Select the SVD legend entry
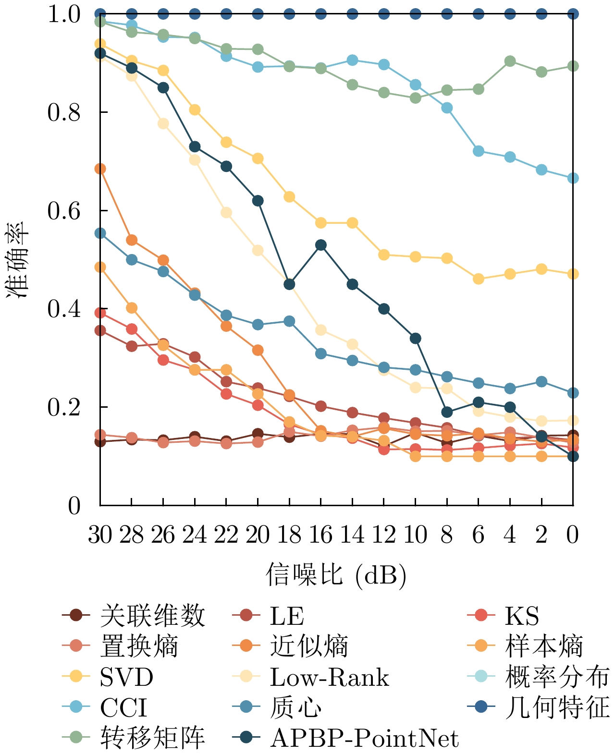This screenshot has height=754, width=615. pos(126,677)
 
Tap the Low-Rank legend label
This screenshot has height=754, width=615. pos(329,677)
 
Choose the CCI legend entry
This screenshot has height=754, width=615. pos(123,707)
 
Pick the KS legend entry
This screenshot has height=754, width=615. pos(522,616)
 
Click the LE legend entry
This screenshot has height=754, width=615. pos(287,616)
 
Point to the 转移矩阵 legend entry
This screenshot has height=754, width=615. pos(152,738)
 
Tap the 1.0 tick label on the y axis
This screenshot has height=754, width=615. pos(64,14)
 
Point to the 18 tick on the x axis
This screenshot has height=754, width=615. pos(289,535)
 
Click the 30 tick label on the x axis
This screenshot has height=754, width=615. pos(100,535)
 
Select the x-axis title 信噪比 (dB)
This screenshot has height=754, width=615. pos(336,574)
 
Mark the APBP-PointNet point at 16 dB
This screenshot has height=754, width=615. pos(321,245)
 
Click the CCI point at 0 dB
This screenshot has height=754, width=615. pos(573,178)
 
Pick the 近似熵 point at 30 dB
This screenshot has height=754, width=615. pos(100,169)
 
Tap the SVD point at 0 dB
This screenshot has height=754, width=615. pos(573,274)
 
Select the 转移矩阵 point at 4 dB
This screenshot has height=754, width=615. pos(510,61)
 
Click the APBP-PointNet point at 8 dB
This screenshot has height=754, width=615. pos(447,412)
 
